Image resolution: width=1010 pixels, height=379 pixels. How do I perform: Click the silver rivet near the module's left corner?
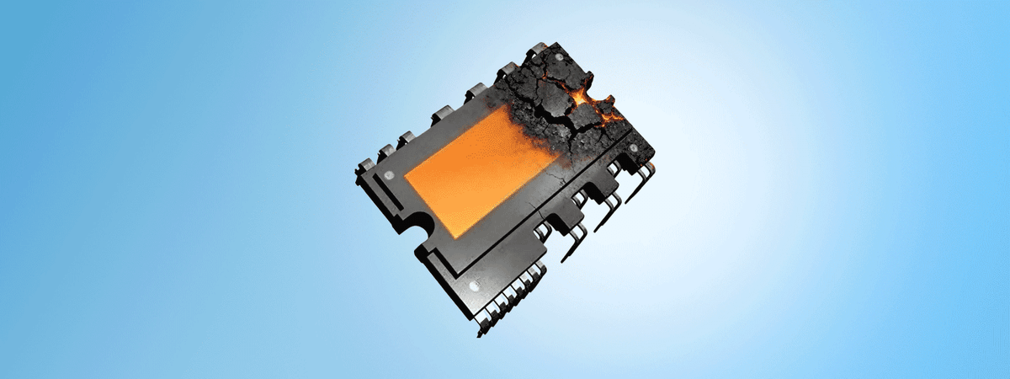388,174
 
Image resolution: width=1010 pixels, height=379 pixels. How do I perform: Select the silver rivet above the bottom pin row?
474,286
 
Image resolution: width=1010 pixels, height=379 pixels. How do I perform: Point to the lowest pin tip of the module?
481,334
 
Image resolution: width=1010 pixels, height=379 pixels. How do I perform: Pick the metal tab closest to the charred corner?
508,71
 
